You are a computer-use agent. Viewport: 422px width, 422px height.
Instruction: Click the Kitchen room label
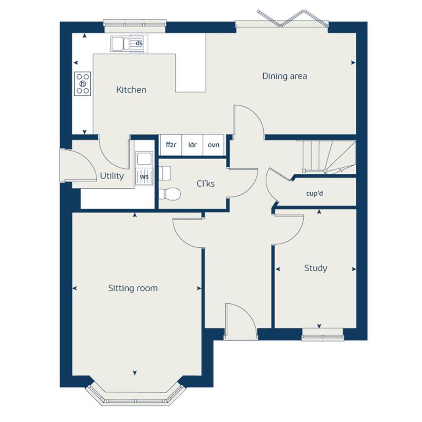click(131, 90)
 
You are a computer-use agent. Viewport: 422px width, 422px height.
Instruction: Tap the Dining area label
click(284, 76)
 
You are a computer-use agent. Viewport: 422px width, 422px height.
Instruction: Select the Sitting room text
click(133, 288)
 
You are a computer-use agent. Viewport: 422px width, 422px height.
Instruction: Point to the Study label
click(316, 268)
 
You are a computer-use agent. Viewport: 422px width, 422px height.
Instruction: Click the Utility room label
click(112, 176)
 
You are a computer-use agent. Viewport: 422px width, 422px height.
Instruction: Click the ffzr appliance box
click(170, 145)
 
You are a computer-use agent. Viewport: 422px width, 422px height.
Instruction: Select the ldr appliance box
click(192, 145)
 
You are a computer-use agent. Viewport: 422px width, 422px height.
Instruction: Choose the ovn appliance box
click(213, 145)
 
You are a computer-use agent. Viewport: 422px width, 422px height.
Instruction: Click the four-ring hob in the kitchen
click(83, 84)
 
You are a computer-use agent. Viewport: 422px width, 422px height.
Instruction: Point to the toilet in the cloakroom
click(170, 193)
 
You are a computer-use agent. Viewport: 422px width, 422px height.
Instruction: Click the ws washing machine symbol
click(144, 177)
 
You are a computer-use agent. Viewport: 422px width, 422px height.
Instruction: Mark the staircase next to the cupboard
click(328, 157)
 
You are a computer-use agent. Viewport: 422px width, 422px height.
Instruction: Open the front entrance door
click(240, 321)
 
